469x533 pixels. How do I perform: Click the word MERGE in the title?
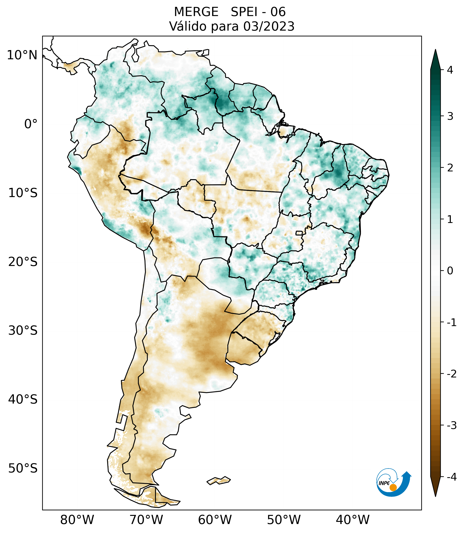point(196,12)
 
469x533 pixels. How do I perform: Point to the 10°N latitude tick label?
point(22,55)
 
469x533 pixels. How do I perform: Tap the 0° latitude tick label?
point(31,124)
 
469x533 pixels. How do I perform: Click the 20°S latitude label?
point(23,262)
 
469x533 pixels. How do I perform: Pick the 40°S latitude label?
point(23,399)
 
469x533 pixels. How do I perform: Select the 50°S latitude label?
point(23,468)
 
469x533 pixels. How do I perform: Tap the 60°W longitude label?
point(215,520)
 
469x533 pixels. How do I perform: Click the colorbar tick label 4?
point(450,70)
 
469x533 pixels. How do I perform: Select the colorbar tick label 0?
point(450,271)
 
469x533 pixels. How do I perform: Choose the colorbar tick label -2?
point(451,374)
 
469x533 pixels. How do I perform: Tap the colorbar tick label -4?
point(451,477)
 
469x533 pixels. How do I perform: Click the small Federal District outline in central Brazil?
point(299,233)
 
